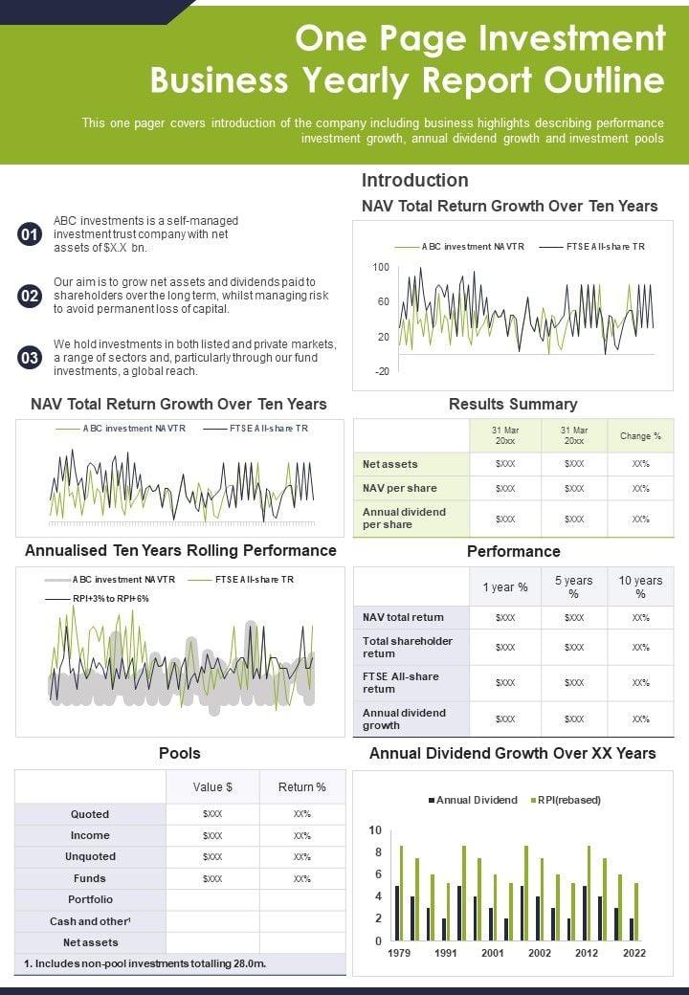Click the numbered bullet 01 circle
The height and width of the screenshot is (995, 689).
pos(30,234)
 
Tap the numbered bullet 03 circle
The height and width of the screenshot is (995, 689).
pos(30,358)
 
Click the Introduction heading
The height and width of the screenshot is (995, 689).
pos(414,180)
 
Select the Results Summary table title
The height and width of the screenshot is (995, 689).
pos(513,404)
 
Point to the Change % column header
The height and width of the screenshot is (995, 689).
pos(640,436)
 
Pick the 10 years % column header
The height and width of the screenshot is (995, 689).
pos(640,586)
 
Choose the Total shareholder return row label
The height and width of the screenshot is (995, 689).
pos(408,647)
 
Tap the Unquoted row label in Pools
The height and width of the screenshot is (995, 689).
pos(90,856)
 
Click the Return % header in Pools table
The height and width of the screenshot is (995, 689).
pos(301,786)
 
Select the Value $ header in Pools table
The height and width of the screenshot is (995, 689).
pos(212,786)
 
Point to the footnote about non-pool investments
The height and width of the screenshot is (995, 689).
pos(144,962)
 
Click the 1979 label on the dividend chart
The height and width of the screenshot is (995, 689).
pos(400,953)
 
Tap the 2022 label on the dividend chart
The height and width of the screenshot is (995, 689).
pos(633,953)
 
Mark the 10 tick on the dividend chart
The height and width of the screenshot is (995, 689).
pos(375,830)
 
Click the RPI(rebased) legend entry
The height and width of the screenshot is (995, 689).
pos(568,800)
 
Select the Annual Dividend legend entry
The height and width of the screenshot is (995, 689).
pos(476,800)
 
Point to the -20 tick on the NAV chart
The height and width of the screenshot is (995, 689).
pos(381,371)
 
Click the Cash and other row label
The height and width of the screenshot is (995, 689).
pos(90,921)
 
